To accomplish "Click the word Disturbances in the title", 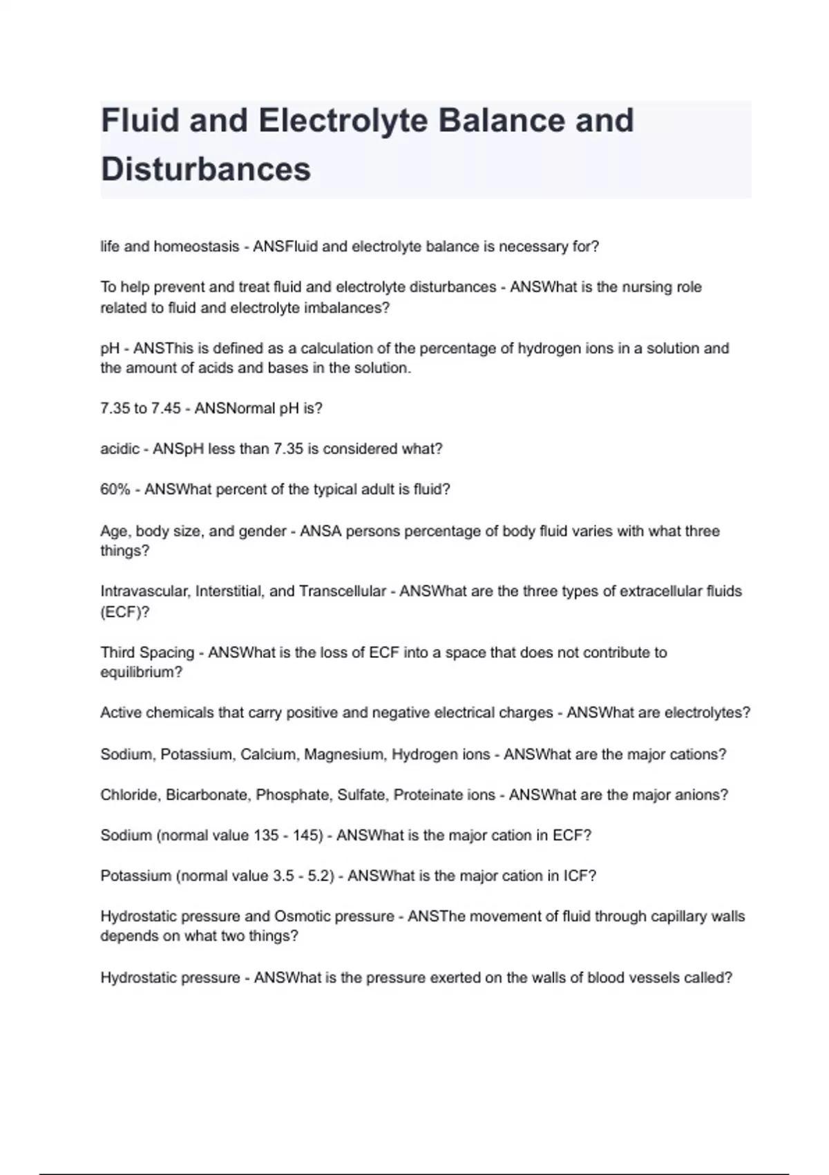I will tap(206, 169).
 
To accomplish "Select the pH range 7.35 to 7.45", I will tap(140, 408).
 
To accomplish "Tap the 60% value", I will tap(115, 489).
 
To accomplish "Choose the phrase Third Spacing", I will tap(147, 652).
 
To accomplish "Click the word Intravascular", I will tap(144, 592).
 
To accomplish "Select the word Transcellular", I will tap(342, 592).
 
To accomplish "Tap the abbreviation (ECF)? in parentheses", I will tap(124, 612).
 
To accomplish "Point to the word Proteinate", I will tap(428, 795).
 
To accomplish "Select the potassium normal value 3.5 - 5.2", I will tap(303, 876).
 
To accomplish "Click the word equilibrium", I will tap(141, 673).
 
